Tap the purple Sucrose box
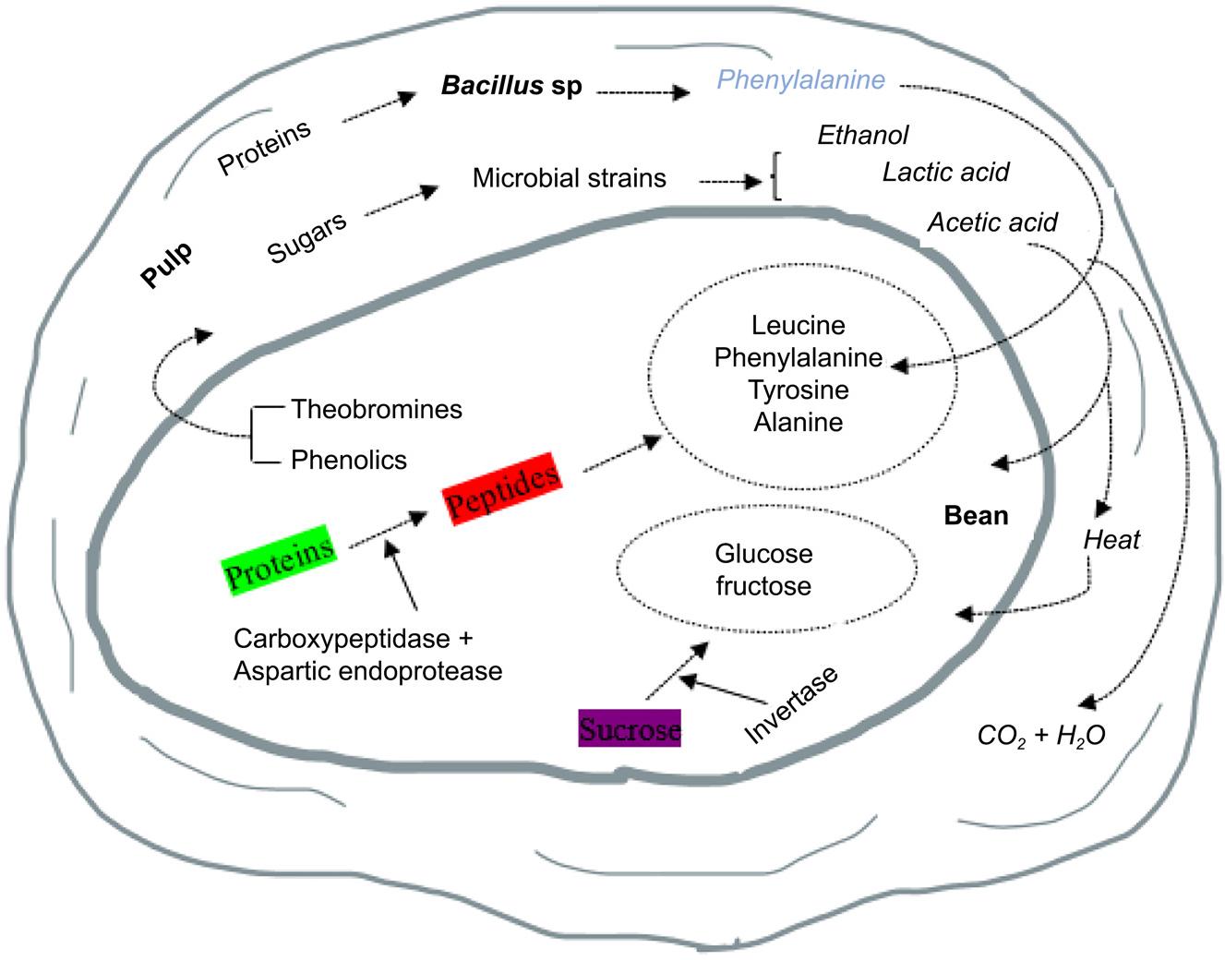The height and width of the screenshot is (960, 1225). point(630,729)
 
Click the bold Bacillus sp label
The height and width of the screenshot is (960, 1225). point(511,87)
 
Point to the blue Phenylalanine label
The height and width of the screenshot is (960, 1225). point(801,80)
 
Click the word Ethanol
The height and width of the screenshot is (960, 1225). point(863,136)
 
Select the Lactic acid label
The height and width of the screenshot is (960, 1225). point(945,173)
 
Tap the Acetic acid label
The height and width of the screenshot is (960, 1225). point(992,222)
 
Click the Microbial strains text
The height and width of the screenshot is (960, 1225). point(569,178)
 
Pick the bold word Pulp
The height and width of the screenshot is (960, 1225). point(167,265)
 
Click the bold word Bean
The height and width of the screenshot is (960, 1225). point(976,515)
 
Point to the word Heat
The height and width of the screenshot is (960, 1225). point(1111,540)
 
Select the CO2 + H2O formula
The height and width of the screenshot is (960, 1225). point(1041,736)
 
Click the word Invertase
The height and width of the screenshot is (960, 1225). point(791,703)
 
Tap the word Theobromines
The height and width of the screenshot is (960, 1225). point(377,409)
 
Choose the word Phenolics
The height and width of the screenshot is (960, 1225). point(349,460)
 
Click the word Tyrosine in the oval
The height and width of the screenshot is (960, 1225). point(799,390)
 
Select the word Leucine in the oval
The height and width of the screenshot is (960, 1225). point(799,325)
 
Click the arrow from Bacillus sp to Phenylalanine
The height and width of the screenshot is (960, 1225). point(643,91)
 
